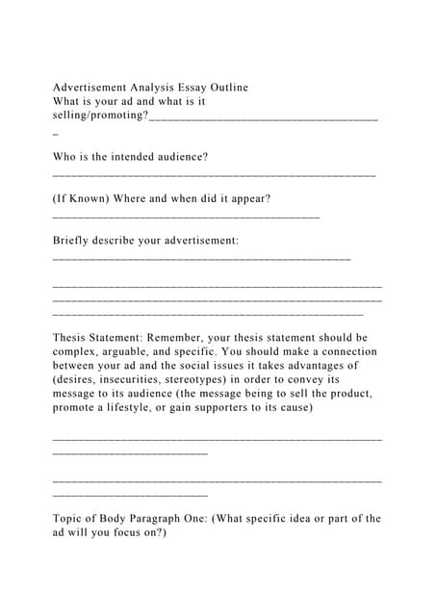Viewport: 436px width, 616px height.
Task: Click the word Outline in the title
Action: (x=227, y=88)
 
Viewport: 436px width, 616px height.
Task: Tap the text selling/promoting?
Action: (x=100, y=115)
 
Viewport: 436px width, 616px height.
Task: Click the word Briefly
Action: (x=74, y=240)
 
